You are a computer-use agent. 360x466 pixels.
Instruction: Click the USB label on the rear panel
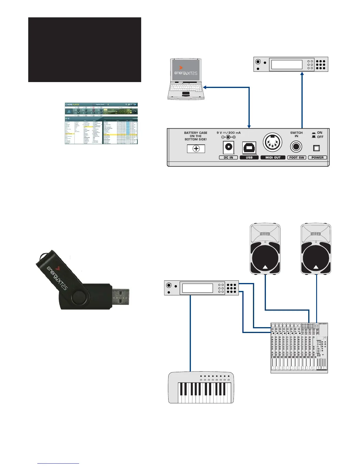pyautogui.click(x=249, y=157)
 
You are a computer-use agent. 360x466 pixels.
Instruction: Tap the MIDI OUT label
pyautogui.click(x=273, y=157)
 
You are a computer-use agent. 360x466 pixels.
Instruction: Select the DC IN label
pyautogui.click(x=228, y=157)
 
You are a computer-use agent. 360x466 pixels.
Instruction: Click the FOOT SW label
pyautogui.click(x=296, y=157)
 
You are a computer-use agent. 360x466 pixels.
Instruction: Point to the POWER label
pyautogui.click(x=317, y=157)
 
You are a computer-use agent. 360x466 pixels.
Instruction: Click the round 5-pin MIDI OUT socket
pyautogui.click(x=272, y=143)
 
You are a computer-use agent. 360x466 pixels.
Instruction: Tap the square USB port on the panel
pyautogui.click(x=249, y=147)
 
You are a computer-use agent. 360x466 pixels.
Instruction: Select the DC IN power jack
pyautogui.click(x=228, y=147)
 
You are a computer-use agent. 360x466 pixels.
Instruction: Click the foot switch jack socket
pyautogui.click(x=296, y=147)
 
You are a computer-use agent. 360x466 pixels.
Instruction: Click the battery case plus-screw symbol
pyautogui.click(x=196, y=149)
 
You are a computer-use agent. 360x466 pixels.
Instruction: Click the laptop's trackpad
pyautogui.click(x=186, y=94)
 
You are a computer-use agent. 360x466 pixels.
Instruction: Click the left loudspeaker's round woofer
pyautogui.click(x=265, y=258)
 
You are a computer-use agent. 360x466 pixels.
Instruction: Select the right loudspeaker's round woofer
pyautogui.click(x=316, y=258)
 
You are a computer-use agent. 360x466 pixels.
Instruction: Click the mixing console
pyautogui.click(x=299, y=348)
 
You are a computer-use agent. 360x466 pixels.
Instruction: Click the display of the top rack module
pyautogui.click(x=286, y=64)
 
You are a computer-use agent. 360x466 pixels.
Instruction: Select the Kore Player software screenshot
pyautogui.click(x=101, y=123)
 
